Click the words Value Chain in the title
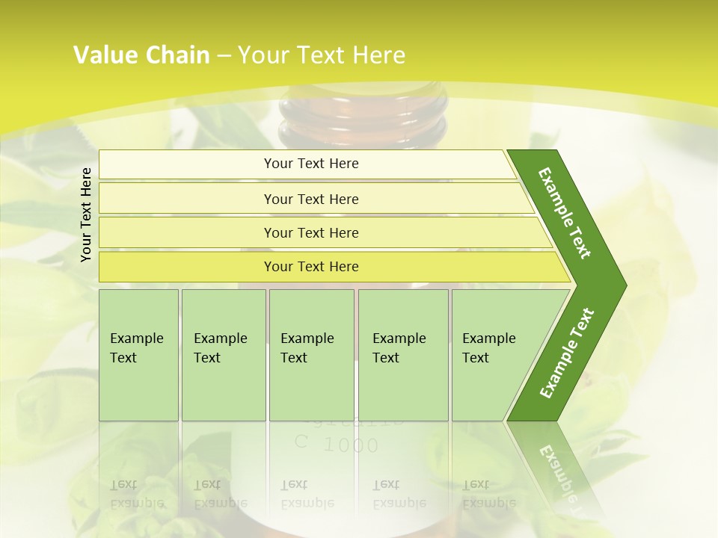click(x=141, y=55)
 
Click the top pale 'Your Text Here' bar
click(x=311, y=164)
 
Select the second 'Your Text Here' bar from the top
click(x=311, y=199)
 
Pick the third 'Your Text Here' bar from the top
click(x=311, y=232)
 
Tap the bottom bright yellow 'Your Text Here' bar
click(x=311, y=267)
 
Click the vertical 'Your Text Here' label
click(x=86, y=214)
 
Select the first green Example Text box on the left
click(x=138, y=354)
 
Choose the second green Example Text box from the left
click(x=223, y=354)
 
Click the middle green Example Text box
click(x=311, y=354)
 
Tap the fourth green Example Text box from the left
click(x=403, y=354)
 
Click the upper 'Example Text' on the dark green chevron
click(x=565, y=213)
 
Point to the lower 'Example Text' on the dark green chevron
click(x=566, y=353)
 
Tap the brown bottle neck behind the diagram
click(x=362, y=116)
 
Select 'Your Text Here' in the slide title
click(x=322, y=55)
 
